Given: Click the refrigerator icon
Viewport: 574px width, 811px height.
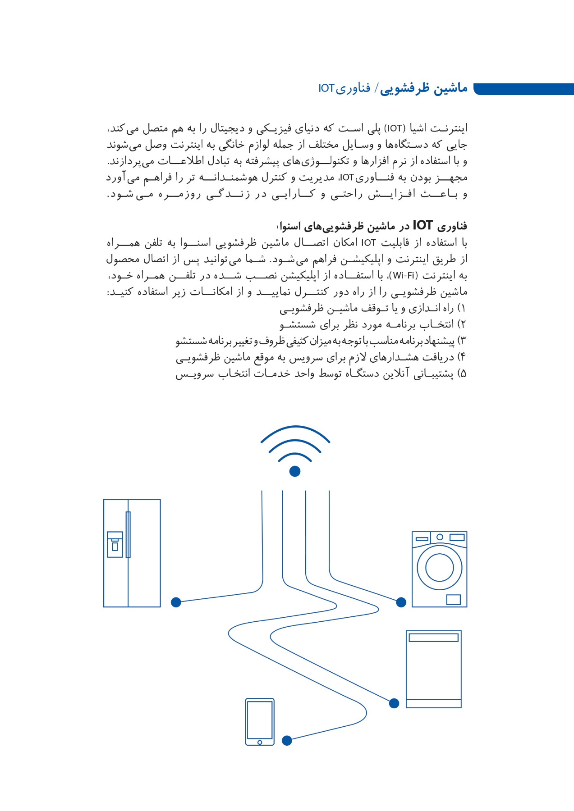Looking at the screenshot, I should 132,553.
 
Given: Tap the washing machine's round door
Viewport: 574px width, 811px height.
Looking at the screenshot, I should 439,567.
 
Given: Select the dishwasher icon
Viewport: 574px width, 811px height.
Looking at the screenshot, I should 433,669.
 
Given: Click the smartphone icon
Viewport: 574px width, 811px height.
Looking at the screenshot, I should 260,722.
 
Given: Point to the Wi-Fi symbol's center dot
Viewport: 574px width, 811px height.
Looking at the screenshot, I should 295,471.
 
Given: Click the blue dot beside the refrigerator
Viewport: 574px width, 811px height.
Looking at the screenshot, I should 176,602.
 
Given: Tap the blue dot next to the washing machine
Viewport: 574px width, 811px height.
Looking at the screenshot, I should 401,602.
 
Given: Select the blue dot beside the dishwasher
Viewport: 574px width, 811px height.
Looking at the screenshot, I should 394,703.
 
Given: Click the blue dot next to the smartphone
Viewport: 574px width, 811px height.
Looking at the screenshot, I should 287,740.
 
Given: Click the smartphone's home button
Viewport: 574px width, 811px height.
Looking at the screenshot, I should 260,743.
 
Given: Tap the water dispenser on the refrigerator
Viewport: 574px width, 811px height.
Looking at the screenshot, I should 115,544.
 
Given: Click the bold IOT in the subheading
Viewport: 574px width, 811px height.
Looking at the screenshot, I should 422,225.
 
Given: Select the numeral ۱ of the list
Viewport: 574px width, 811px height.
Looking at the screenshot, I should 462,309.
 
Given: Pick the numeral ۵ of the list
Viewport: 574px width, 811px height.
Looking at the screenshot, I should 462,374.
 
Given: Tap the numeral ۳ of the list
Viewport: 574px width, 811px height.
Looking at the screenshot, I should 462,341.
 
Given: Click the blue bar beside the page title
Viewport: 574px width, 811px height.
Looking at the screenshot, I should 523,89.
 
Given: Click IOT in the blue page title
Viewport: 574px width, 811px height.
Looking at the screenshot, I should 326,88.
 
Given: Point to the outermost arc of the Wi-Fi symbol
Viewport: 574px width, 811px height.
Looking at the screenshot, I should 295,428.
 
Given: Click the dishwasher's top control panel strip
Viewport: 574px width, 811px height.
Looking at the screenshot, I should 433,638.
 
